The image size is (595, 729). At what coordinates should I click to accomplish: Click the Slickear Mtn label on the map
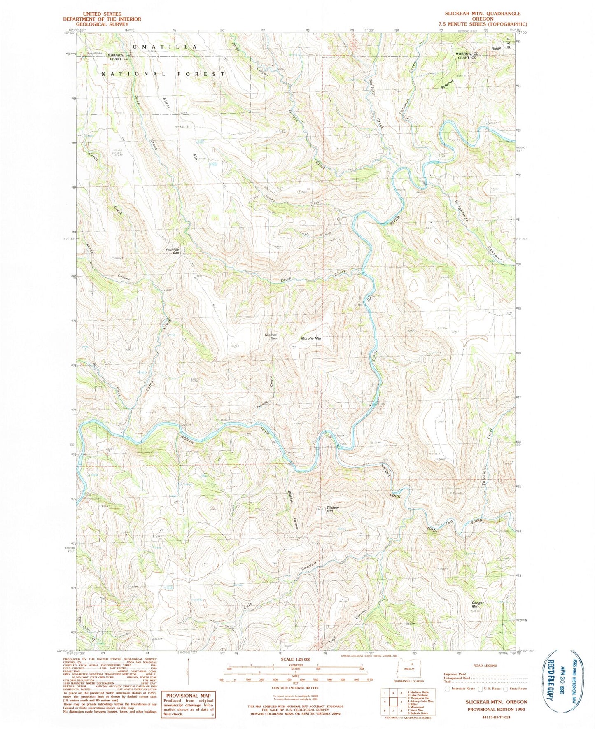click(x=332, y=510)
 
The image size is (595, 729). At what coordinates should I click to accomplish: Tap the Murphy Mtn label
click(x=311, y=338)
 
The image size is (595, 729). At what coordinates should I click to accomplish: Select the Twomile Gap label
click(x=271, y=336)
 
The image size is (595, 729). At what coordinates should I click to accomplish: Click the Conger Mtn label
click(x=477, y=605)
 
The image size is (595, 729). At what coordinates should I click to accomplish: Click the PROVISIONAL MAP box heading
click(x=188, y=696)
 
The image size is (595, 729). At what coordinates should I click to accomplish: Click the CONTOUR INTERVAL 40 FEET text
click(x=296, y=688)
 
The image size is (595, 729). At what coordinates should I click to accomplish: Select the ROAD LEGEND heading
click(x=485, y=665)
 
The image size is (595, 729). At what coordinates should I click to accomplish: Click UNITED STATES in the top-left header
click(x=102, y=14)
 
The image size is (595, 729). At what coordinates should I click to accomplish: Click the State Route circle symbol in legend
click(x=507, y=689)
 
